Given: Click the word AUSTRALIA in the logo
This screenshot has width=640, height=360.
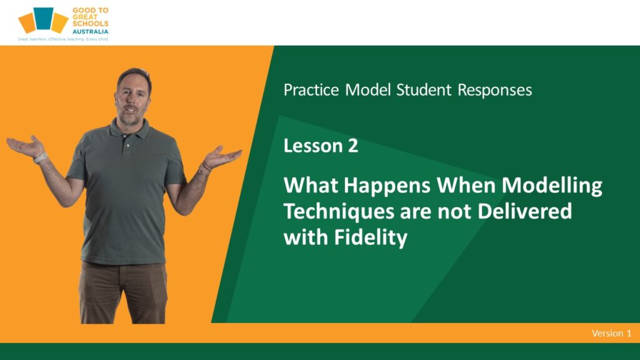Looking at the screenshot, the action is [x=90, y=31].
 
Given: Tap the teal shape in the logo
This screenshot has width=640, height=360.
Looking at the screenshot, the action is [x=43, y=18].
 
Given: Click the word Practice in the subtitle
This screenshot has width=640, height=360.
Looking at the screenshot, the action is [x=311, y=90].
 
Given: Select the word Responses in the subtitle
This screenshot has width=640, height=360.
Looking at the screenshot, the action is [x=495, y=91].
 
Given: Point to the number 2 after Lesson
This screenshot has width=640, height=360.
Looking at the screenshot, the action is [x=353, y=146].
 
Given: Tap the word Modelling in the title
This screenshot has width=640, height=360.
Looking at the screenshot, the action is [x=552, y=186].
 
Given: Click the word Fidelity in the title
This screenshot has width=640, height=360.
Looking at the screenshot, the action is [x=371, y=237].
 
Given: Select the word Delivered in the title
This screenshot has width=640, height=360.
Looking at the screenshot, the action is [x=524, y=211].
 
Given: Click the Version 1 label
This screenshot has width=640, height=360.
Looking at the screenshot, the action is [x=611, y=333].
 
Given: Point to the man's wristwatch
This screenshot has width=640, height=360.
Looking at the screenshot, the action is [x=40, y=158].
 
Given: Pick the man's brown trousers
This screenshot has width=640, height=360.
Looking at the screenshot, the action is [x=123, y=292].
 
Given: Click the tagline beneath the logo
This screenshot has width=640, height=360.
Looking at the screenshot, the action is [x=63, y=39].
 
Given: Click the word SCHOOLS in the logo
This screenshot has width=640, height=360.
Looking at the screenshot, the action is [x=90, y=24].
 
